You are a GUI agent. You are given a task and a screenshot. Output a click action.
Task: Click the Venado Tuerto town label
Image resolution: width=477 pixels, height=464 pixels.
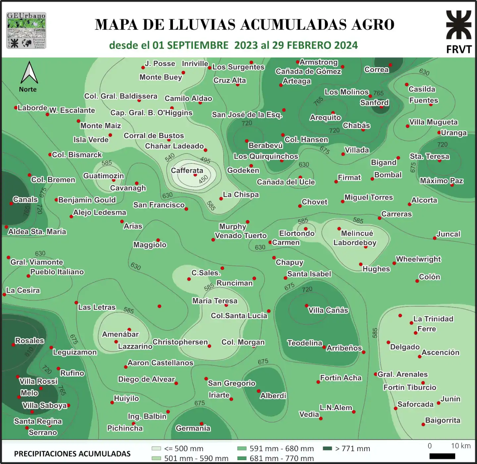(241, 235)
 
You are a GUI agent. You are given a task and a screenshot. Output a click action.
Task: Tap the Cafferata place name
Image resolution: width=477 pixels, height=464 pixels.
(187, 170)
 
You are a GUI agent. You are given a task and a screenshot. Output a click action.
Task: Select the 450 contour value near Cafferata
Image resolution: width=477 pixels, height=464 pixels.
(203, 179)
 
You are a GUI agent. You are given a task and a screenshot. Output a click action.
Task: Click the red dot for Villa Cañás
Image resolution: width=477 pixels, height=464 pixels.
(306, 306)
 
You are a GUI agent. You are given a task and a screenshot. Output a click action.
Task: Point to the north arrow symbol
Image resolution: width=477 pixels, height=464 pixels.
(29, 73)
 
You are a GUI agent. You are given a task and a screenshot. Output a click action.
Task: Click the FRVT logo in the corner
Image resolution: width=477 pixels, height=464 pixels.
(459, 31)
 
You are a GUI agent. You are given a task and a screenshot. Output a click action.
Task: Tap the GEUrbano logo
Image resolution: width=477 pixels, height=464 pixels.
(26, 30)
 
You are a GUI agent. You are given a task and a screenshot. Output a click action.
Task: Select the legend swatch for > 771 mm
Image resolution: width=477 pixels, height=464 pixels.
(327, 448)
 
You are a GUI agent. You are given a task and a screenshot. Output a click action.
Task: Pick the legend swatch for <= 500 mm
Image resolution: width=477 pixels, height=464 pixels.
(156, 448)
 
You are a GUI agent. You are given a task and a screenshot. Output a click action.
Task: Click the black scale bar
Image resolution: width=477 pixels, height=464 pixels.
(442, 456)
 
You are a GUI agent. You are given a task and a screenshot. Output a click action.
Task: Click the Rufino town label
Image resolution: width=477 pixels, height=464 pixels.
(72, 373)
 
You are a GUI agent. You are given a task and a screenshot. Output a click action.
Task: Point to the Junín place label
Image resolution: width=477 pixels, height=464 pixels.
(450, 399)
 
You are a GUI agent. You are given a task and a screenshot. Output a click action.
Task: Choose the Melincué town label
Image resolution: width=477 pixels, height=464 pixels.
(357, 233)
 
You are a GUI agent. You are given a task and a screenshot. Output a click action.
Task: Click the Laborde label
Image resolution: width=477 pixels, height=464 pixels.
(32, 108)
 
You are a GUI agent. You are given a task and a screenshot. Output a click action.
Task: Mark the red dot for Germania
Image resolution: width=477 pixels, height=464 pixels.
(201, 424)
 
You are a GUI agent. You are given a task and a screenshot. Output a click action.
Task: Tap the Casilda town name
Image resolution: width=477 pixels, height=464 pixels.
(422, 89)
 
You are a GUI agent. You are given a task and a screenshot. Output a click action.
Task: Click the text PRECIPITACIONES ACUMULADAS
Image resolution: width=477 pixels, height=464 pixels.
(72, 454)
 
